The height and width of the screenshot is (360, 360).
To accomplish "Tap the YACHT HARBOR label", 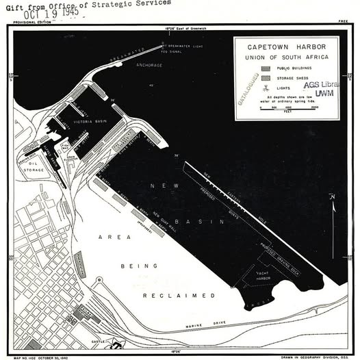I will click(x=259, y=277).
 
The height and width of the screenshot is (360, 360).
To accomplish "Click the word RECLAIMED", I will click(x=179, y=295).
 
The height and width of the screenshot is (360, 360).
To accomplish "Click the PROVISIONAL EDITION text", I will click(x=25, y=22).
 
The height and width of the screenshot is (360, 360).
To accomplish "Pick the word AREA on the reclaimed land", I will click(x=114, y=237).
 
